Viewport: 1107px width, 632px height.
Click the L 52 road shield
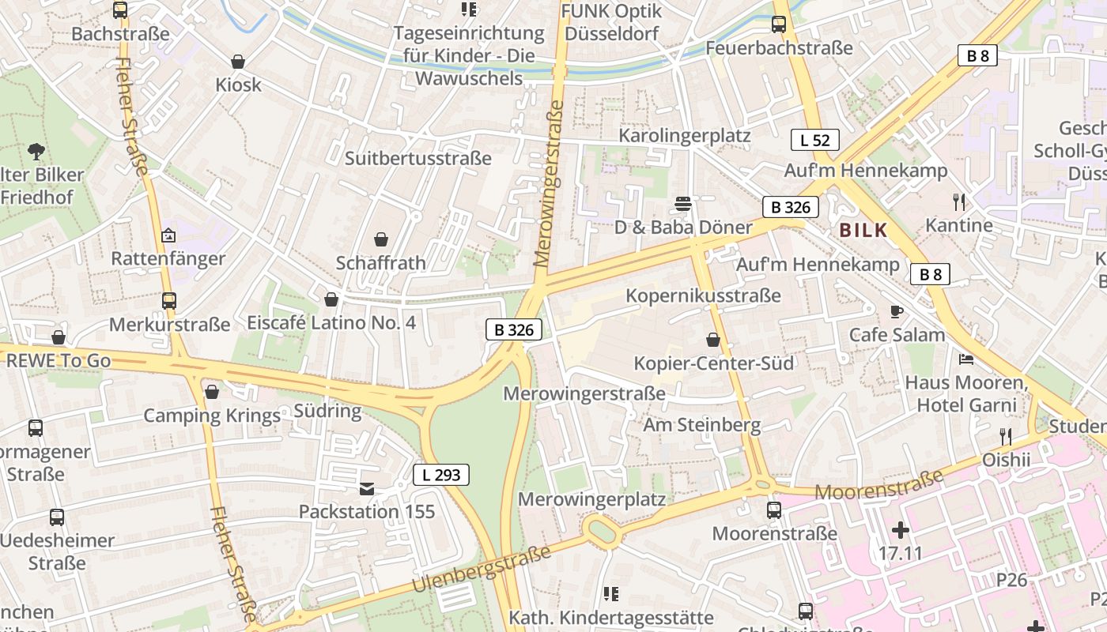(x=814, y=141)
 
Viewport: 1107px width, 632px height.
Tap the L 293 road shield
(x=441, y=475)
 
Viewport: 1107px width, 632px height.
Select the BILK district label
(x=863, y=231)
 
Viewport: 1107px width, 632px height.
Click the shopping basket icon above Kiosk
(x=238, y=62)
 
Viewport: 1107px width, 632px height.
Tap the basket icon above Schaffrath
(x=381, y=239)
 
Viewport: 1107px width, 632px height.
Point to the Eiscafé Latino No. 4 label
(x=331, y=322)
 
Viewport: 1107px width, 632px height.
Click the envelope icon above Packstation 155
(x=367, y=489)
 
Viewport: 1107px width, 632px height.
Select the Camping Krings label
(x=212, y=416)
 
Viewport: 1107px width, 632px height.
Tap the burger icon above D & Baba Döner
(x=683, y=205)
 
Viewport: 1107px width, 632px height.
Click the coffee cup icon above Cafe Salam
(x=897, y=311)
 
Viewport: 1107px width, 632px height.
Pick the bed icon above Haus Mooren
(x=966, y=359)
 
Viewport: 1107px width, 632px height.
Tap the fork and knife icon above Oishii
(x=1006, y=436)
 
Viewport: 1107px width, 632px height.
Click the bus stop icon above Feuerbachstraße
(x=779, y=24)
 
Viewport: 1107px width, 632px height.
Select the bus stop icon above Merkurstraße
(x=169, y=301)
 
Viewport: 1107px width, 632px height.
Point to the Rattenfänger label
(x=168, y=258)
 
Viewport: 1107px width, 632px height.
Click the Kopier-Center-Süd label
(x=714, y=363)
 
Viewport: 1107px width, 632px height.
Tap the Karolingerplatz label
(x=685, y=135)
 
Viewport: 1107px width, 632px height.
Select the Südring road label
(x=327, y=411)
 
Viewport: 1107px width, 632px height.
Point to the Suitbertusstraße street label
(x=418, y=158)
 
